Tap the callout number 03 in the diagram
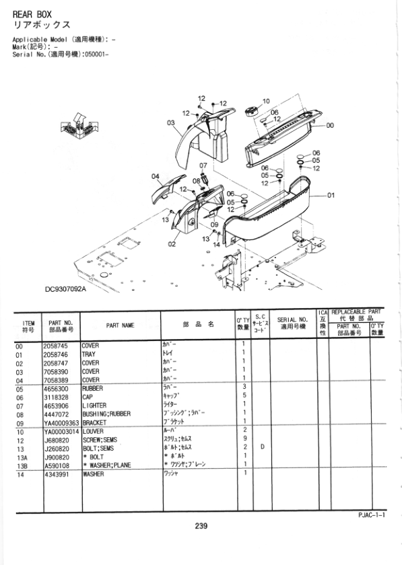171,123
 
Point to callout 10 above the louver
265,101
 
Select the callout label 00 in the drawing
330,125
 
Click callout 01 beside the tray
331,196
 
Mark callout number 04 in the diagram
156,176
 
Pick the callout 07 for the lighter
203,165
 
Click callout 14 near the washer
217,244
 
